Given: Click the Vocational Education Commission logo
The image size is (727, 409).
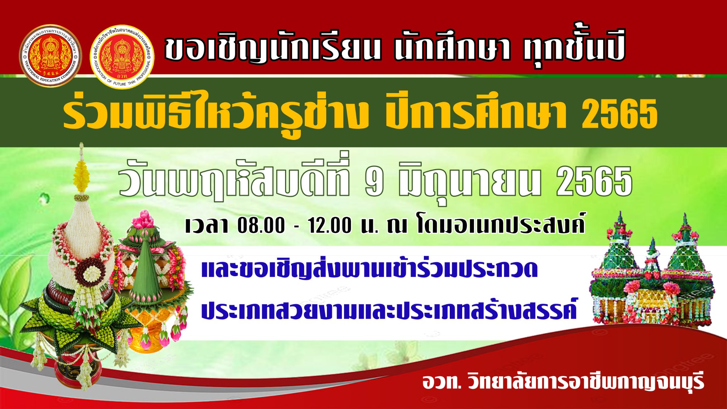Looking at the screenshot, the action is [50, 55].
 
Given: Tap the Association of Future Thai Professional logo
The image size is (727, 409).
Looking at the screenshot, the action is [122, 56].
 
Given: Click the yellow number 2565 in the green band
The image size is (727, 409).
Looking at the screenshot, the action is [619, 113].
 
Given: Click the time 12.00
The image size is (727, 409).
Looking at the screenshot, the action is [330, 225].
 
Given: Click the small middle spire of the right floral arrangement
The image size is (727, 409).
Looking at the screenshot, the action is [652, 254].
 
